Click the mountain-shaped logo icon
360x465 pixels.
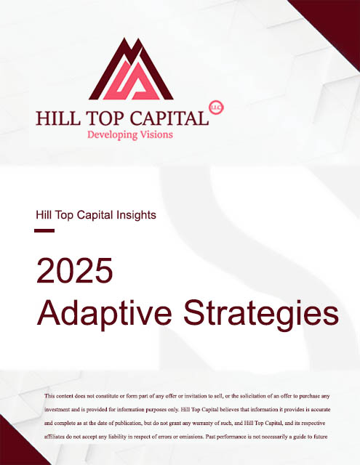(131, 69)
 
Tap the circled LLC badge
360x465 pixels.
(216, 108)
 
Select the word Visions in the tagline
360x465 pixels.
(156, 134)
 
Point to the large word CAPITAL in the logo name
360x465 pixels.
(169, 118)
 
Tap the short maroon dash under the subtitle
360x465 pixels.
(44, 230)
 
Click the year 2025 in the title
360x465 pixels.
(74, 270)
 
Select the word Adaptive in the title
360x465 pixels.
(104, 314)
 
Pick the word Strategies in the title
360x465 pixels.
(261, 314)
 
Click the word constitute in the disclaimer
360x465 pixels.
(106, 396)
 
